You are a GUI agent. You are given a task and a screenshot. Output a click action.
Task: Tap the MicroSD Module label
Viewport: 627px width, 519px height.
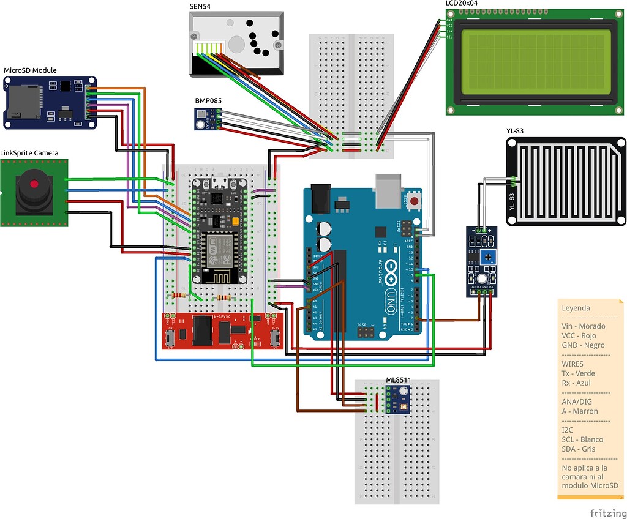pyautogui.click(x=30, y=70)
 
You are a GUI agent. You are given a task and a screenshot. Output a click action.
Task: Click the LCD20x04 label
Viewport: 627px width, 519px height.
pyautogui.click(x=462, y=4)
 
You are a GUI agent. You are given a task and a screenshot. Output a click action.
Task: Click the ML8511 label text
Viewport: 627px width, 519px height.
pyautogui.click(x=398, y=380)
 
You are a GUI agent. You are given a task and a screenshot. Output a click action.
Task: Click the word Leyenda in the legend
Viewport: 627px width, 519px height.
pyautogui.click(x=576, y=308)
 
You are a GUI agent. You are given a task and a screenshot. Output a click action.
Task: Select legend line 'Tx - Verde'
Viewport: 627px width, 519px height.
pyautogui.click(x=578, y=373)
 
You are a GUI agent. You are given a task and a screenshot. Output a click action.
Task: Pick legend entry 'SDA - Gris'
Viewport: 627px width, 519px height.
pyautogui.click(x=579, y=449)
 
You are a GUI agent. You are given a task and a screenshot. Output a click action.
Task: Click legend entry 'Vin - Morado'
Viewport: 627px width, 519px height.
pyautogui.click(x=583, y=326)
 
